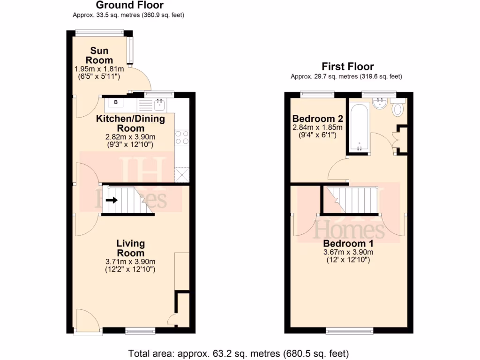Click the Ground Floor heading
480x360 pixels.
[129, 6]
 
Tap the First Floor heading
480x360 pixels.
[347, 67]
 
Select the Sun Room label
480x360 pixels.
[99, 55]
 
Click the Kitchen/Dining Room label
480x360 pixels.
[130, 123]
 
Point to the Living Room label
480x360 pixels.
[130, 248]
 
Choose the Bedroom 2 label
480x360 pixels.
[317, 118]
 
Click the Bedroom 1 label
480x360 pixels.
[348, 244]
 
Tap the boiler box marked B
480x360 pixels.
[116, 102]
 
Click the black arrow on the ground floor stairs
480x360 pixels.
[112, 200]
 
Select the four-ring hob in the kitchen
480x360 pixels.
[182, 137]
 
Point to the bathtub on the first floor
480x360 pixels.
[359, 127]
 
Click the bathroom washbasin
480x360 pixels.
[380, 104]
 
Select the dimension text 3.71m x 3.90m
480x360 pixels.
[130, 262]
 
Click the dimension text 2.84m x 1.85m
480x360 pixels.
[317, 127]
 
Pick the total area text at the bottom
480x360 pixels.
[239, 353]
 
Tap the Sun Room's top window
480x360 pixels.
[100, 33]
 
